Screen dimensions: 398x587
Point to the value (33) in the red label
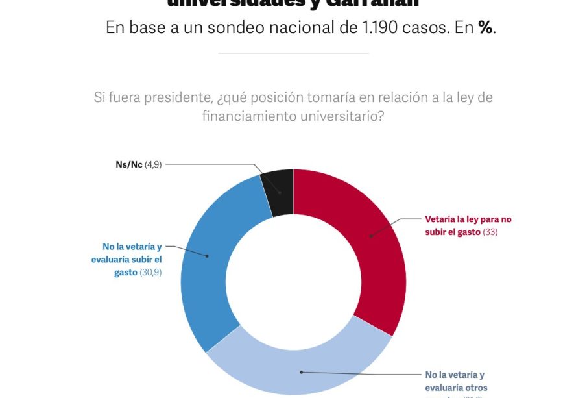click(490, 232)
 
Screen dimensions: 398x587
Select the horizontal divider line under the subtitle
click(293, 53)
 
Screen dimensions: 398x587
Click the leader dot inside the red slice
click(370, 236)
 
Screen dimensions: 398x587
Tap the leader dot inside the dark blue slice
click(207, 256)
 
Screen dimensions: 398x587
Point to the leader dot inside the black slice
click(281, 193)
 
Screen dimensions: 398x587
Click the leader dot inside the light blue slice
click(300, 372)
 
